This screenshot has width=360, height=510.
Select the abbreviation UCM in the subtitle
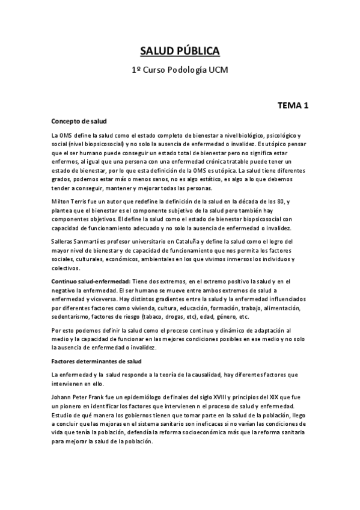coord(219,70)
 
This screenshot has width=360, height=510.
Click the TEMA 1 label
coord(293,106)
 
